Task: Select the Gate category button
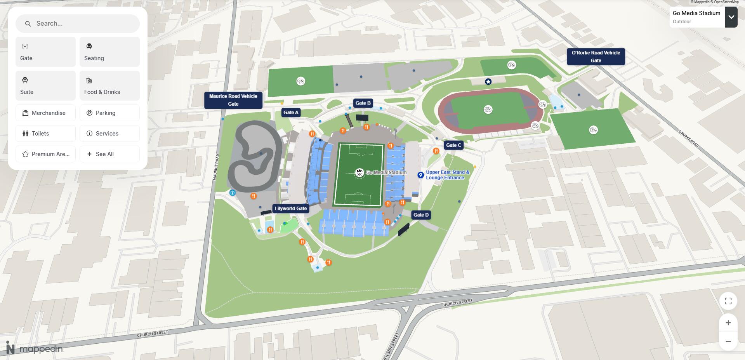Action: [45, 52]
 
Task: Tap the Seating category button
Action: [109, 52]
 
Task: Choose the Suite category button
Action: [45, 85]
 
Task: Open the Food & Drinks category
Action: [109, 85]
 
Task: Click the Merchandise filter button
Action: [45, 113]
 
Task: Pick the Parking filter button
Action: [109, 113]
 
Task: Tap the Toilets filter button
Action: [45, 134]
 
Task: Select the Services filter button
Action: [109, 134]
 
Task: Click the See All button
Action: [109, 154]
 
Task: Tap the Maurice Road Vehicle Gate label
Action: [233, 100]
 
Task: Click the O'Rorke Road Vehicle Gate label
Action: [596, 57]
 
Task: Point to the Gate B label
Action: [363, 103]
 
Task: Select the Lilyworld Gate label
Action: [290, 209]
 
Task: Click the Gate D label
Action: [421, 215]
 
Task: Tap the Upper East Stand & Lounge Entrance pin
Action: [420, 175]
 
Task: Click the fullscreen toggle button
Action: [728, 301]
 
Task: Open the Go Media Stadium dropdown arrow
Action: [731, 17]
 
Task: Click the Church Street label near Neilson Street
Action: [457, 303]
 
